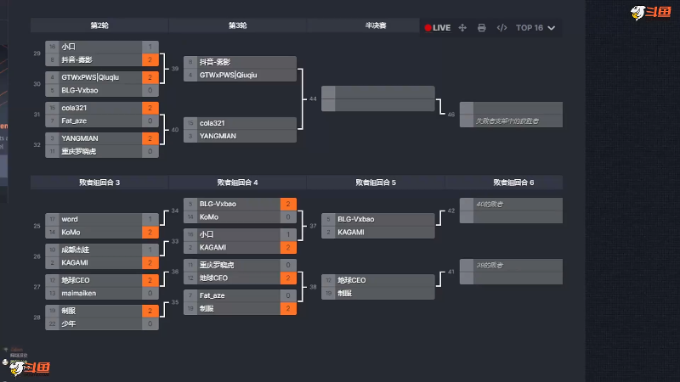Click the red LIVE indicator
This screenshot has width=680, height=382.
438,28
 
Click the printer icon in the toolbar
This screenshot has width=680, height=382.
482,28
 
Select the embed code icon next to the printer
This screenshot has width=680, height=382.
501,28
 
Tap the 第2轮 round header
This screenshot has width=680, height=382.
99,25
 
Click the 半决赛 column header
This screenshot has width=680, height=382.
376,25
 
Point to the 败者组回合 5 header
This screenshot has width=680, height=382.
376,183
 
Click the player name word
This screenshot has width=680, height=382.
70,219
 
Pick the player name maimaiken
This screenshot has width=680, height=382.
78,293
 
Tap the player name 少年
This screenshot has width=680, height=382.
69,323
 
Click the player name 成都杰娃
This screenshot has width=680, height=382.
75,250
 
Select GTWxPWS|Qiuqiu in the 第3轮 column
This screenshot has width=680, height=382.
228,75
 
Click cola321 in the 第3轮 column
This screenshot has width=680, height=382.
212,123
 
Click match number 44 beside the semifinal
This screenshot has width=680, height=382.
313,99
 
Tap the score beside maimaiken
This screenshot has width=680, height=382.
150,293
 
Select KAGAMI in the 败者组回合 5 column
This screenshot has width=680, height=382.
351,232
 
